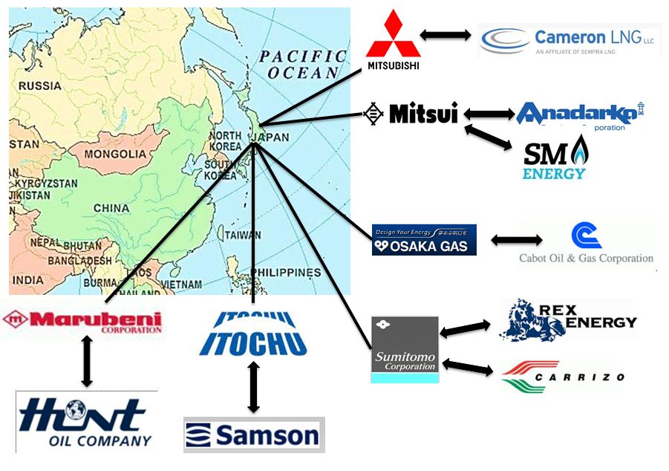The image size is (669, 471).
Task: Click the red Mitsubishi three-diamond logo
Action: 393,38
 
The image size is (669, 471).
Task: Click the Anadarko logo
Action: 579,114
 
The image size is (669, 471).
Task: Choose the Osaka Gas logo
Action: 424,240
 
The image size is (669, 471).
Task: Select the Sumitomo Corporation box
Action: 405,348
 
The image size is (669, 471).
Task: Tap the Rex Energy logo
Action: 568,320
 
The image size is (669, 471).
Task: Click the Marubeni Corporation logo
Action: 82,322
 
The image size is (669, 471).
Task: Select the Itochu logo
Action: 253,335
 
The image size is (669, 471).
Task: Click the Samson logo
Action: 254,435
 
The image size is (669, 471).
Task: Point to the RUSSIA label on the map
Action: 40,85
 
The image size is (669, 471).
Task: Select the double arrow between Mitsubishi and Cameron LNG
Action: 446,34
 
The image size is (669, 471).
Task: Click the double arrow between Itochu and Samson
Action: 254,388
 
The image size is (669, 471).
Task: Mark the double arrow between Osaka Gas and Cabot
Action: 517,240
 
